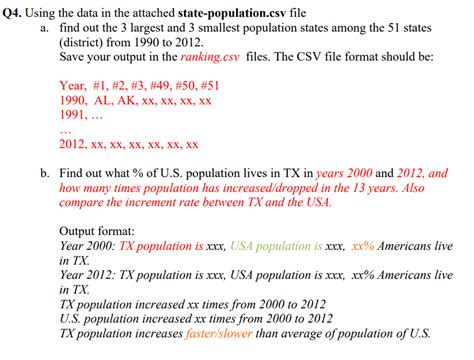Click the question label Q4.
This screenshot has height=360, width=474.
(x=15, y=10)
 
